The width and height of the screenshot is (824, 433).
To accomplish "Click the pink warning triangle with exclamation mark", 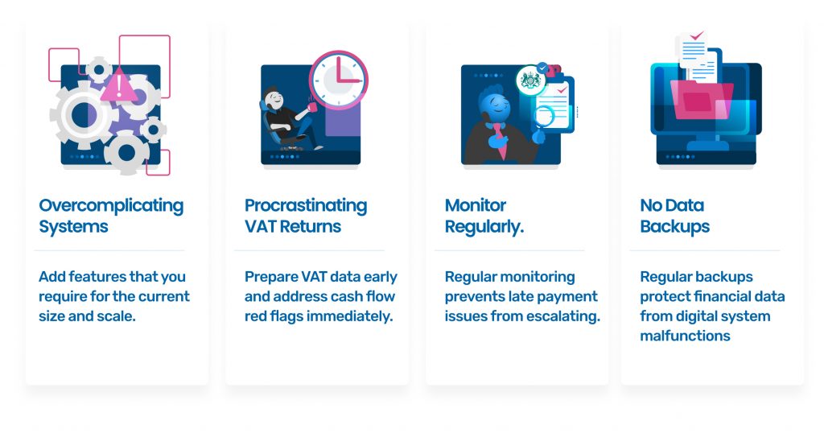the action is (119, 85).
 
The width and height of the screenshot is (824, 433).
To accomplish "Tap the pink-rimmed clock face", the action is (339, 80).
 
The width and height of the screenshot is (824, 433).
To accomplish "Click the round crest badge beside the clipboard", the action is (530, 80).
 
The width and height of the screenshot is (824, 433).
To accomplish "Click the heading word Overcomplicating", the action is (111, 205).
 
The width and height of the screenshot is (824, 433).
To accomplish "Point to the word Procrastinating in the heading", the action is (306, 205).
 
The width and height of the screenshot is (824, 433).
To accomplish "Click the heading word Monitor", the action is (476, 205).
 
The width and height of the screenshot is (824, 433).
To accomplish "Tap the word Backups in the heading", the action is (675, 226).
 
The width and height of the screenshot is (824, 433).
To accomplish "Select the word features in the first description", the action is (97, 276).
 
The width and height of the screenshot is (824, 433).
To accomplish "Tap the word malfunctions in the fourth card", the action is (685, 336).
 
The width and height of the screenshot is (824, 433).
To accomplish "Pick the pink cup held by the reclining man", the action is (312, 107).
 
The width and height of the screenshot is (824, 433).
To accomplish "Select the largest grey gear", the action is (83, 115).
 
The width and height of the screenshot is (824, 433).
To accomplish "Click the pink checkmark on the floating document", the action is (697, 35).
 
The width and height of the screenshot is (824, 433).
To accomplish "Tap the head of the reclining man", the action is (274, 98).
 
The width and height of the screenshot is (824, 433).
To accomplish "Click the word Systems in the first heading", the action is (73, 227).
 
